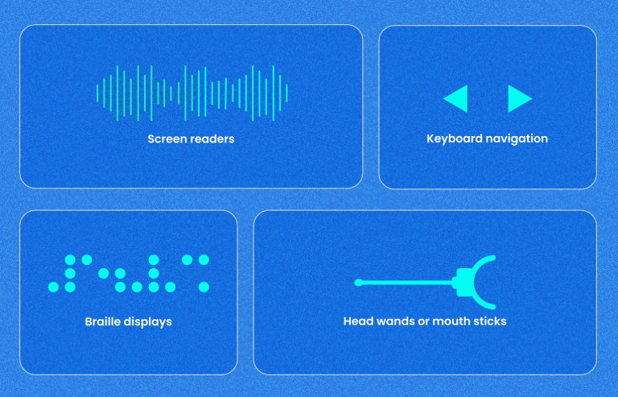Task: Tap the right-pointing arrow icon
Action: (x=517, y=98)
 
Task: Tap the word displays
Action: (x=148, y=321)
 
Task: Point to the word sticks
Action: (x=489, y=321)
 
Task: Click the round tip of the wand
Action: (x=358, y=283)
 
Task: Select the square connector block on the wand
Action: (x=463, y=283)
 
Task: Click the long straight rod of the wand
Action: (x=406, y=283)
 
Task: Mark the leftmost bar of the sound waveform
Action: (x=97, y=93)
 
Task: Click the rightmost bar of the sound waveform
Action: (x=286, y=93)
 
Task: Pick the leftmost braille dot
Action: (x=53, y=287)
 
